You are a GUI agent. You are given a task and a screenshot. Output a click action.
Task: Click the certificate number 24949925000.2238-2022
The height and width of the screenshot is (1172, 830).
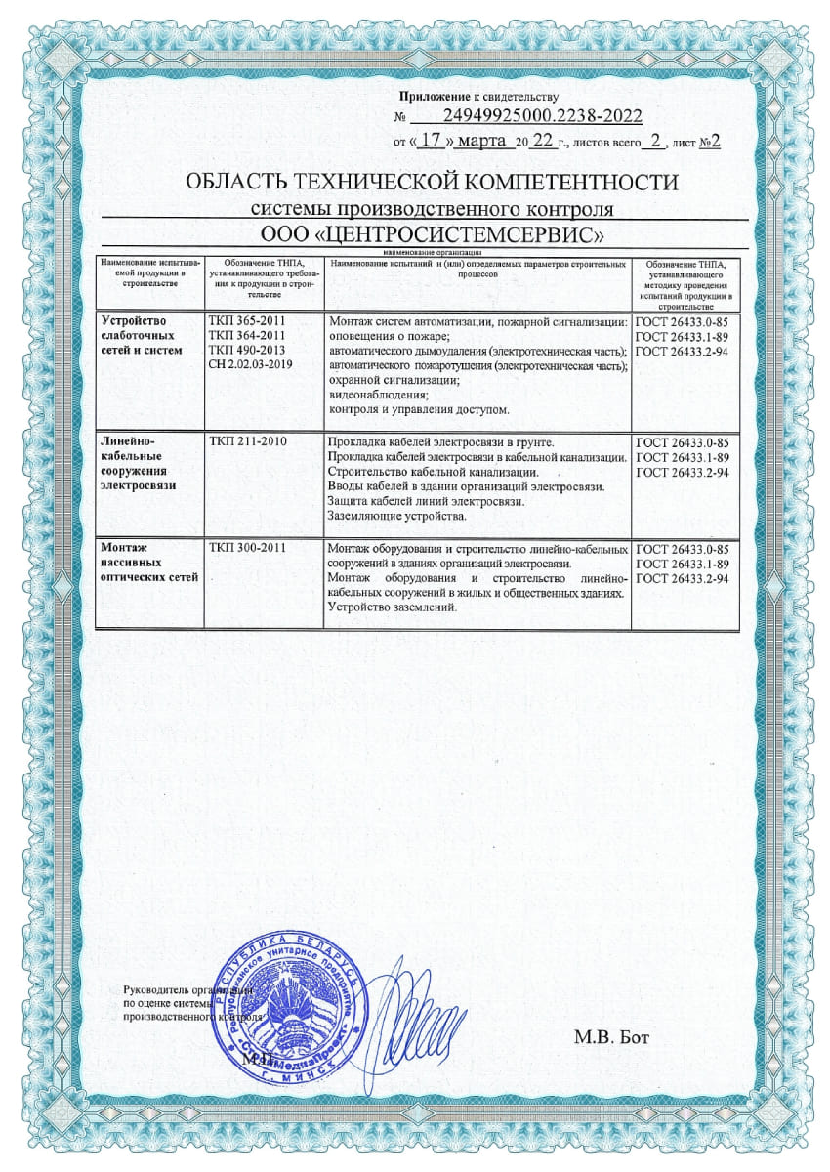coord(542,116)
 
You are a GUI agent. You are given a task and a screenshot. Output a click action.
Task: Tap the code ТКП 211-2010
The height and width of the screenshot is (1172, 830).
coord(247,443)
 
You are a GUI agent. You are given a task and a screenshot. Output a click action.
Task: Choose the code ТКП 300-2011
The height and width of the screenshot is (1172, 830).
coord(247,548)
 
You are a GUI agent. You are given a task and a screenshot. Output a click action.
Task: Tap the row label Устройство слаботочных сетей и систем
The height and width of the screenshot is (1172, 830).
coord(143,336)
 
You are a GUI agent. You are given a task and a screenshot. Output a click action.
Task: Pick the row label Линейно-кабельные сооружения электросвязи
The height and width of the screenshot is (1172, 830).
coord(142,465)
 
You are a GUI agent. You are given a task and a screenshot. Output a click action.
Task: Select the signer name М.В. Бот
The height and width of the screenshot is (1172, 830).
coord(610,1036)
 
